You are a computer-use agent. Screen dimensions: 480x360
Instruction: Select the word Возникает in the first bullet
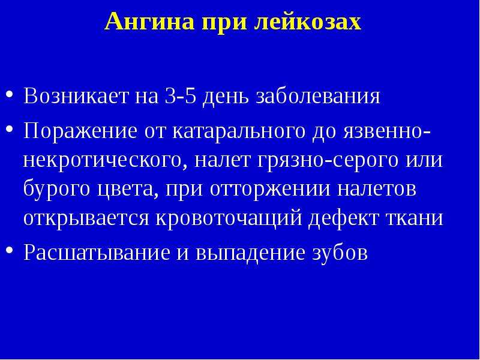(x=76, y=96)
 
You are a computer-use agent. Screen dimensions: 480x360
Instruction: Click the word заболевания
(x=317, y=97)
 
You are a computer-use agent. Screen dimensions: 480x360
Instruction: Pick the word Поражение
(x=80, y=131)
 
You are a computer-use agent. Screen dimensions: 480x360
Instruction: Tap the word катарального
(x=239, y=131)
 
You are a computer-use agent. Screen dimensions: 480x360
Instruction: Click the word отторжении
(x=271, y=189)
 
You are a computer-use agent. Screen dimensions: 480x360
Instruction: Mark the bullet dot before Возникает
(x=10, y=94)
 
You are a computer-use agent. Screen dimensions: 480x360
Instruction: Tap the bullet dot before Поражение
(x=10, y=128)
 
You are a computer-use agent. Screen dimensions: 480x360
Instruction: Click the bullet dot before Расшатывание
(x=10, y=250)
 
